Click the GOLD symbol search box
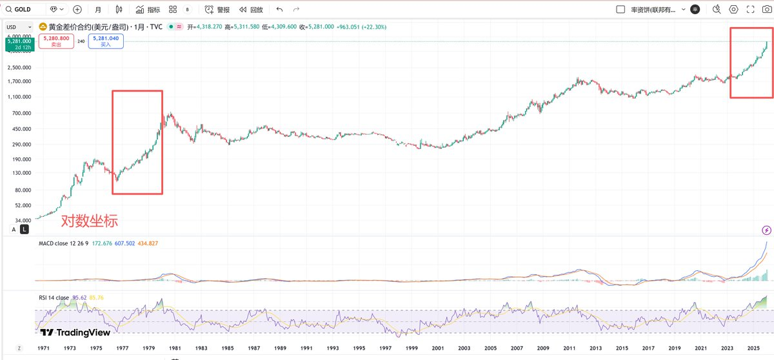pos(26,10)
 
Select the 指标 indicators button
pos(148,10)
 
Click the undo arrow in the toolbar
pos(279,10)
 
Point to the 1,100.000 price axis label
pos(17,97)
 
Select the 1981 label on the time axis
pos(174,348)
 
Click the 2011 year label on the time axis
pos(569,348)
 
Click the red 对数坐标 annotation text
pos(89,221)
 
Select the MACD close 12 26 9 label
pos(64,243)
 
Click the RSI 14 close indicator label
pos(54,297)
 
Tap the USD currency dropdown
pos(12,27)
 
